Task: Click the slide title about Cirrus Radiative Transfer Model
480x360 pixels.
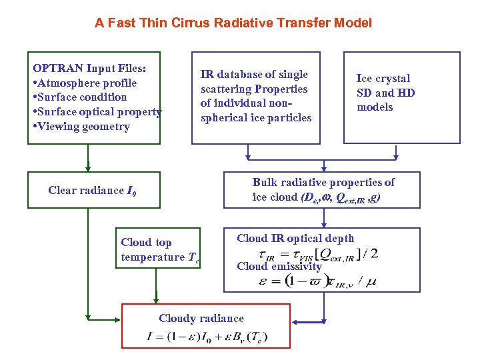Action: point(233,23)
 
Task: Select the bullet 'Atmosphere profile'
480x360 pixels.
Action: point(87,83)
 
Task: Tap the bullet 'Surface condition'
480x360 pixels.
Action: point(83,97)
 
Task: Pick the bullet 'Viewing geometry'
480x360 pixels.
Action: point(83,127)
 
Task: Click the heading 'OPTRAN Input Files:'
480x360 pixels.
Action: point(89,68)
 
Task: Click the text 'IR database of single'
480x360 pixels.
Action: point(254,75)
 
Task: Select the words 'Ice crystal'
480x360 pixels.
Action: point(383,79)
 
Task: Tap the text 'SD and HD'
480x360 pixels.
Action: point(385,93)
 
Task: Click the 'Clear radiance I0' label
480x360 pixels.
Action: point(93,191)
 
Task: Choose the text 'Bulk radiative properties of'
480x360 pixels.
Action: point(323,182)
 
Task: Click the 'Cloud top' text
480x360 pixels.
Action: point(146,243)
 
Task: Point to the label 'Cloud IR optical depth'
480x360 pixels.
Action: point(295,238)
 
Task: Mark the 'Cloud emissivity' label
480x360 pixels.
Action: point(279,267)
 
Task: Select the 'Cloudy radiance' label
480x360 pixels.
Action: point(201,319)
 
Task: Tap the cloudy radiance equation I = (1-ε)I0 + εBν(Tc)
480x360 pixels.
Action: point(207,337)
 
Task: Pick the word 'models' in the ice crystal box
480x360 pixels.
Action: point(375,107)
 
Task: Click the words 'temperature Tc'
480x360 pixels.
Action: point(160,257)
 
